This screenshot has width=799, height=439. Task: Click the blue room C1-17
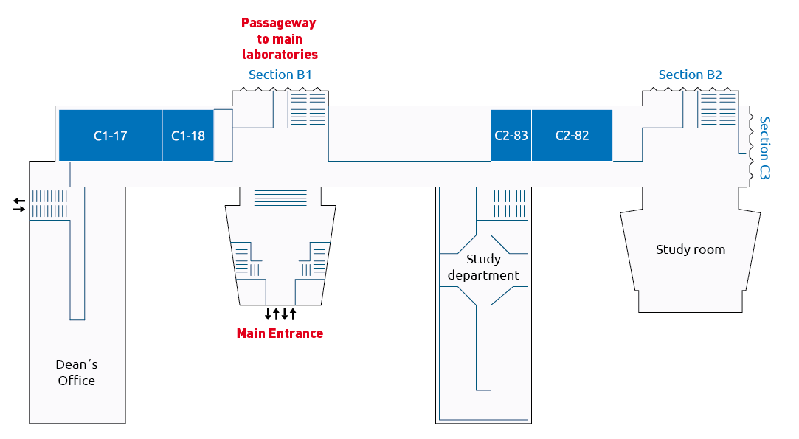pos(111,135)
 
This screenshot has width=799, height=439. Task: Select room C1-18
pos(188,135)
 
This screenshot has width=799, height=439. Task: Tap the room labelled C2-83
pos(511,135)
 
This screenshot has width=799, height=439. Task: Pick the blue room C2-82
pos(572,135)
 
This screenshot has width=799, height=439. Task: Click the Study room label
pos(691,249)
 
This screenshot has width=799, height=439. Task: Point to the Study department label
pos(483,267)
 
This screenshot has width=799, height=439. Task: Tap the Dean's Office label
pos(77,372)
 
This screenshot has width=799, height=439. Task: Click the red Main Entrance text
pos(280,333)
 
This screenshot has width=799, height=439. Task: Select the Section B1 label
pos(280,75)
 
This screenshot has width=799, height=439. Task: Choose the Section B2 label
pos(690,75)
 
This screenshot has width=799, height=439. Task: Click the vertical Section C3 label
pos(764,148)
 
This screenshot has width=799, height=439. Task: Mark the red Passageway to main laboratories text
pos(280,39)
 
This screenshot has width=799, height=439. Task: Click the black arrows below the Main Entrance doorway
pos(280,314)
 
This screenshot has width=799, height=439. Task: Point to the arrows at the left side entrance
pos(19,205)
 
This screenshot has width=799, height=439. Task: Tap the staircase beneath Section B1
pos(308,108)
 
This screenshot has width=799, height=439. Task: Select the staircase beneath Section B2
pos(718,108)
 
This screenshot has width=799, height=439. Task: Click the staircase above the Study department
pos(511,204)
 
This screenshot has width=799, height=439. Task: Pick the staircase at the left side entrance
pos(49,204)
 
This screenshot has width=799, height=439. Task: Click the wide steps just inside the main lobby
pos(280,197)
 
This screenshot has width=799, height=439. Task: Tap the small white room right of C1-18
pos(224,135)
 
